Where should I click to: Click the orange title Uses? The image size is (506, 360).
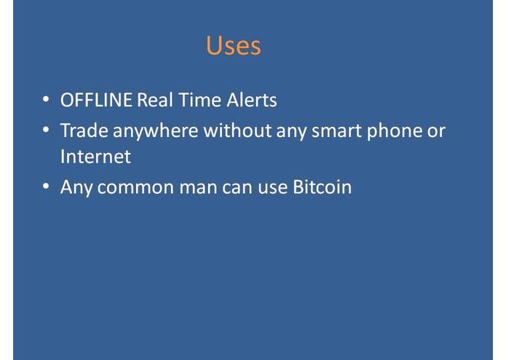click(233, 45)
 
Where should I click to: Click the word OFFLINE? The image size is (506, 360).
click(96, 100)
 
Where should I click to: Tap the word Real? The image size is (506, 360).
click(154, 100)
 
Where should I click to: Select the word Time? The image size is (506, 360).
click(197, 100)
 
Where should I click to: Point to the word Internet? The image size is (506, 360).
click(95, 156)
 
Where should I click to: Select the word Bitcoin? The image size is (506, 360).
click(322, 187)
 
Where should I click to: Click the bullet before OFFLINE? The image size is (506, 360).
click(46, 99)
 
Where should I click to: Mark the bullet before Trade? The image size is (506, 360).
click(46, 130)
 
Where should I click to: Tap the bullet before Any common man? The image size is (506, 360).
click(46, 187)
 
